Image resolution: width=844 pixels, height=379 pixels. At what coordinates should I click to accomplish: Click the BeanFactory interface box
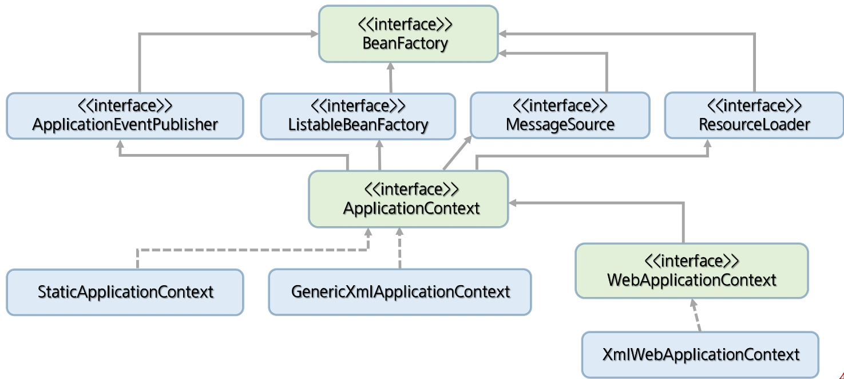point(408,34)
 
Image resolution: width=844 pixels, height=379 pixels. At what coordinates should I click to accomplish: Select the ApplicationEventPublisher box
point(125,116)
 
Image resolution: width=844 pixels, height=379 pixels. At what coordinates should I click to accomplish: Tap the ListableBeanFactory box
point(358,116)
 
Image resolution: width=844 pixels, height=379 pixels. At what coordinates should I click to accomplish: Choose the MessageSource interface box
point(560,115)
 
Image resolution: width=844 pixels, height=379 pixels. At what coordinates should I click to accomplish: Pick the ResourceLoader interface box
point(754,115)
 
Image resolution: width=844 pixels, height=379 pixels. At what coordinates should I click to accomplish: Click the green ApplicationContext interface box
point(408,199)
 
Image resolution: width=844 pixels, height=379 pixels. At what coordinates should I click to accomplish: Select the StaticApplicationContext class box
point(125,292)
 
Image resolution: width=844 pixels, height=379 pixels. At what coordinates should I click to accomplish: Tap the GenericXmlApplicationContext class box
point(400,292)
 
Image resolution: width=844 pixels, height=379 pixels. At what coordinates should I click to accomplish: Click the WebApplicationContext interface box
point(691,271)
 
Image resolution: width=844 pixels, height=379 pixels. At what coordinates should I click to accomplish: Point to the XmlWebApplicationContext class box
point(700,354)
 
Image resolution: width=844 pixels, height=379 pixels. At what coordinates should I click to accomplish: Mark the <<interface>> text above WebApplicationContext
point(691,261)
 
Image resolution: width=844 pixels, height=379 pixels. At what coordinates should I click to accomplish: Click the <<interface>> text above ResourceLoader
point(754,106)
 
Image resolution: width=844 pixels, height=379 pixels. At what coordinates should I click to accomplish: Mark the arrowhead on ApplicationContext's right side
point(513,202)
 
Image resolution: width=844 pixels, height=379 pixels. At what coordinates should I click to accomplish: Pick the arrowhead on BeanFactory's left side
point(315,34)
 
